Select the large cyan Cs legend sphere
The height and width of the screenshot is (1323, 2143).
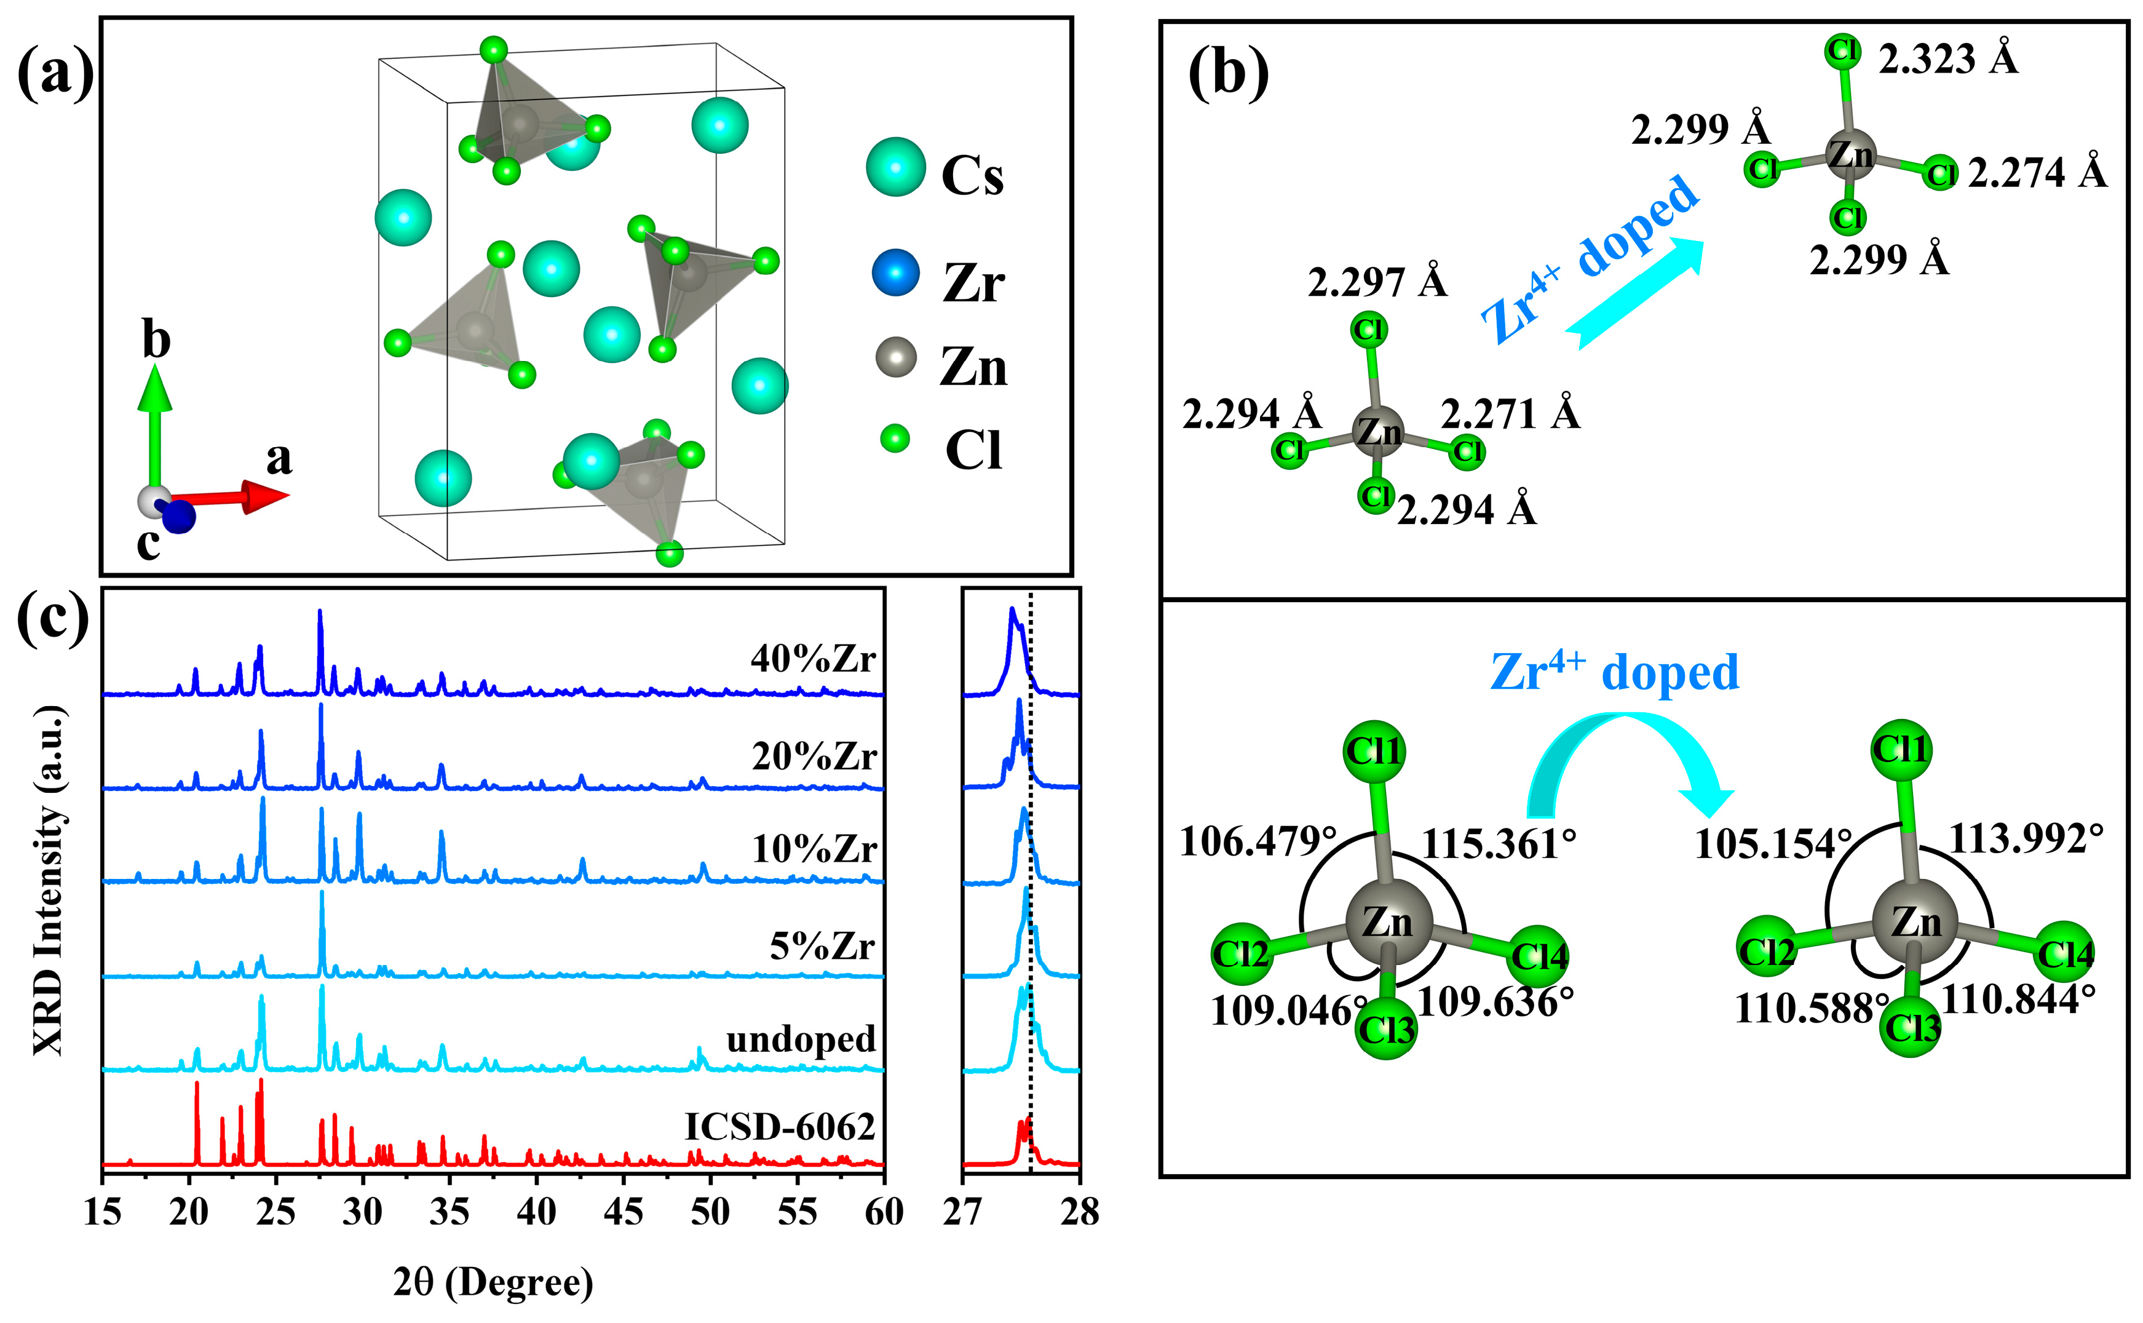[896, 166]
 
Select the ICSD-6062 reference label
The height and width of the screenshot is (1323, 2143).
[779, 1127]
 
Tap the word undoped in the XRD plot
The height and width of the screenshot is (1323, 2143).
[801, 1039]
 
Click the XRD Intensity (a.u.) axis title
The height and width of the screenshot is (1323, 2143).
[49, 880]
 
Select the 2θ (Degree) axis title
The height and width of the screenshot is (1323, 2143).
[493, 1283]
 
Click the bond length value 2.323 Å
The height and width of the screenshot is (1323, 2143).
[1949, 60]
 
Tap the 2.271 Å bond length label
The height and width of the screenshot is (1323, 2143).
[1511, 414]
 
